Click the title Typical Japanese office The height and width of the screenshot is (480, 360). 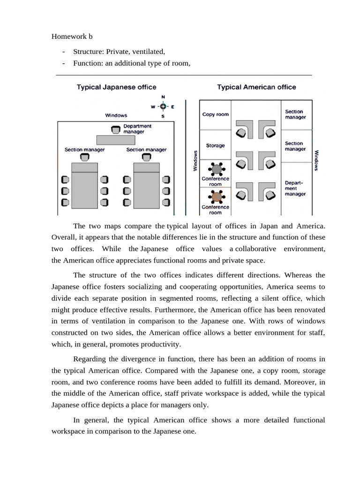tap(117, 87)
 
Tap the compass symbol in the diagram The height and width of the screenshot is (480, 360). tap(163, 106)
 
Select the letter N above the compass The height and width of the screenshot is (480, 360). tap(163, 97)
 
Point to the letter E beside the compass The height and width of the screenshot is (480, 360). tap(172, 107)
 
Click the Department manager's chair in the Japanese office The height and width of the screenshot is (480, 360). tap(115, 129)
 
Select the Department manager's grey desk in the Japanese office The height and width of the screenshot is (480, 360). tap(115, 140)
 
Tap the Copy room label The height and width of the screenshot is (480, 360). tap(215, 114)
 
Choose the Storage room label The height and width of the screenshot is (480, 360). tap(215, 146)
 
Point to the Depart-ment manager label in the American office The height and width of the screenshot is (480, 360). tap(295, 188)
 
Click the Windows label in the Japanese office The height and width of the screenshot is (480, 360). tap(116, 115)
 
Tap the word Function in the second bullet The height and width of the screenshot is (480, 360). tap(87, 64)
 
